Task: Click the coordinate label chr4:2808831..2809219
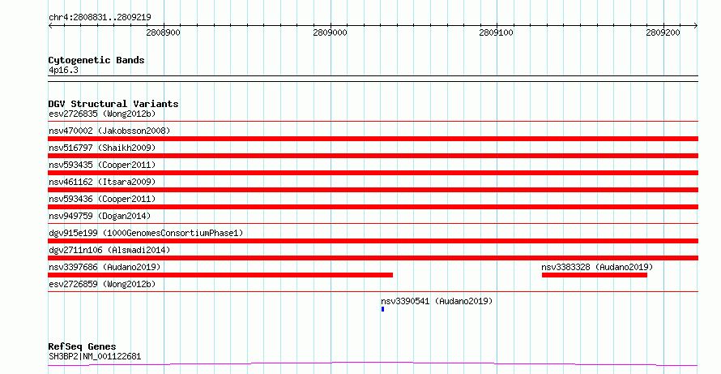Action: [x=100, y=17]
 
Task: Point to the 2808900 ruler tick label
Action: [x=163, y=32]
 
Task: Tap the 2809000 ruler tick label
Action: [x=331, y=32]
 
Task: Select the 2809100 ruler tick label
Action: [x=496, y=32]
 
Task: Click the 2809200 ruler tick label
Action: [x=663, y=32]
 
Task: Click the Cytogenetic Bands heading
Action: [x=96, y=60]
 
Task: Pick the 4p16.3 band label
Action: [x=63, y=70]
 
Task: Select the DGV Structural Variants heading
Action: [x=113, y=104]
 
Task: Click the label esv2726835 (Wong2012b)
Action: [x=102, y=114]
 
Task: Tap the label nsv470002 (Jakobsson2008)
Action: [x=109, y=131]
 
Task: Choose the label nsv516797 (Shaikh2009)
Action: [x=102, y=148]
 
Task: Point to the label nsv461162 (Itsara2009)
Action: [x=102, y=182]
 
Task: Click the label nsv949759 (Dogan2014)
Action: [x=100, y=216]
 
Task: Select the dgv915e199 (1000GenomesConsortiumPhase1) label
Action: [x=146, y=233]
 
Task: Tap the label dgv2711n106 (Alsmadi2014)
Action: [x=109, y=250]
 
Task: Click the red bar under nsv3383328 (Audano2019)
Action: [x=595, y=275]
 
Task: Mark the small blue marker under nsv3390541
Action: [x=382, y=309]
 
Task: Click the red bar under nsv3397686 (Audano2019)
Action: [x=220, y=275]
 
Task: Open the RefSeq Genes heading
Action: [x=82, y=346]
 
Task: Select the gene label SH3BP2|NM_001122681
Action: [x=95, y=356]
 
